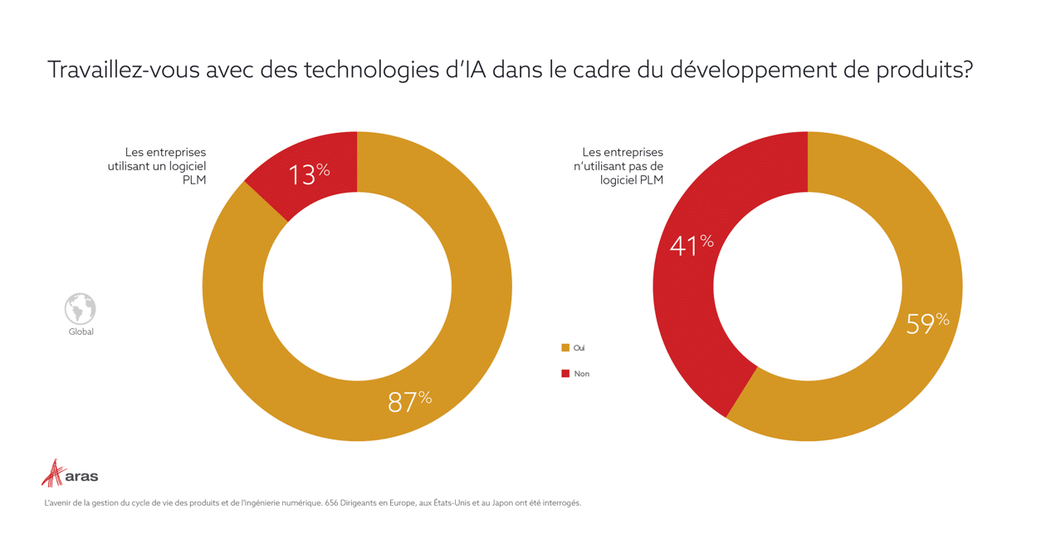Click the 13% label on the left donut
point(309,174)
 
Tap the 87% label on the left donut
point(409,401)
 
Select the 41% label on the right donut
point(692,245)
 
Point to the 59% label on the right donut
point(926,322)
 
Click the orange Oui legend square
point(565,348)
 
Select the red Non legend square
point(565,374)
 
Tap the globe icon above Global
point(81,309)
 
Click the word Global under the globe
point(81,332)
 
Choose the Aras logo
point(70,474)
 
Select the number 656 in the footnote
point(334,503)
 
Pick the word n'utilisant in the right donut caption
point(613,166)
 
